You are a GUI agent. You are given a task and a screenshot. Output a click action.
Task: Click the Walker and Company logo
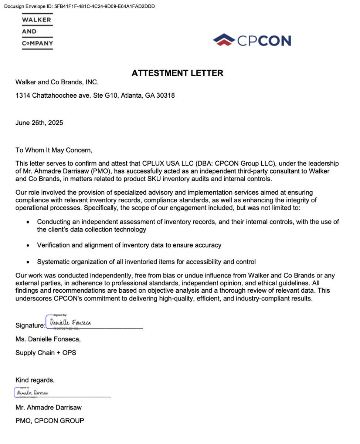click(x=37, y=32)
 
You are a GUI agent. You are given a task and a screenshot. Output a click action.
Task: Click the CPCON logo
click(x=252, y=40)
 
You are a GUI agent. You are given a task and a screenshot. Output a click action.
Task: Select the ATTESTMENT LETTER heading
click(x=177, y=73)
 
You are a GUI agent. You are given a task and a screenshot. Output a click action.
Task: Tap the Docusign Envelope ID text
click(x=79, y=6)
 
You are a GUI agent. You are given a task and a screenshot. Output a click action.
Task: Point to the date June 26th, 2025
click(x=39, y=123)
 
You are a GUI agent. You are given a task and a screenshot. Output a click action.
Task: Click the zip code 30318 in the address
click(x=166, y=95)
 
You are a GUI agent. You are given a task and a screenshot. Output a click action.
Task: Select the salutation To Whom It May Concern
click(x=54, y=150)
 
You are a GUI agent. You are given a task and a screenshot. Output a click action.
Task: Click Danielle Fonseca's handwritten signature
click(x=70, y=323)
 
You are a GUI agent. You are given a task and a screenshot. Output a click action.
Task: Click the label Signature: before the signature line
click(x=30, y=326)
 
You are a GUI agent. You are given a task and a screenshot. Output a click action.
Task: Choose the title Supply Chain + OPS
click(x=46, y=353)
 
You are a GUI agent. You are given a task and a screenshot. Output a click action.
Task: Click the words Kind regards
click(x=35, y=380)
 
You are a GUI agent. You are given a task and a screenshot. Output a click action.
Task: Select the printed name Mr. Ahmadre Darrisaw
click(x=48, y=407)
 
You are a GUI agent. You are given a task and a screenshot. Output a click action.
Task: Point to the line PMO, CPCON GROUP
click(x=50, y=421)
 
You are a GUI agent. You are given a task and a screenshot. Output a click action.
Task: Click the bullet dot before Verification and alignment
click(x=28, y=245)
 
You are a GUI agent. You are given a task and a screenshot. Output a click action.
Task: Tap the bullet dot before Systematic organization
click(x=28, y=262)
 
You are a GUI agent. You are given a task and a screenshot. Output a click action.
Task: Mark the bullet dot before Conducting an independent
click(x=28, y=222)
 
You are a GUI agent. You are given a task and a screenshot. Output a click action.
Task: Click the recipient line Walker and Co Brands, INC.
click(x=57, y=82)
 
